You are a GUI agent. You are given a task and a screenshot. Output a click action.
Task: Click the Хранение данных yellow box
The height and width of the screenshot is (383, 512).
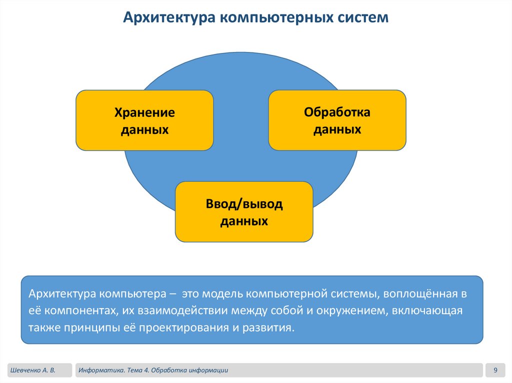pos(144,120)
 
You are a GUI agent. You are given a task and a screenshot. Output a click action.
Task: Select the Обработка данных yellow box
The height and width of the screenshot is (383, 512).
pos(337,120)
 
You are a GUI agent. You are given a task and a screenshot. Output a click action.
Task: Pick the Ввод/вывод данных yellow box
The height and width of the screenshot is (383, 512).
pos(244,212)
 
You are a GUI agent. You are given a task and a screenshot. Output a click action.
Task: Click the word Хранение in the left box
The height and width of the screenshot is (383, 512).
pos(144,112)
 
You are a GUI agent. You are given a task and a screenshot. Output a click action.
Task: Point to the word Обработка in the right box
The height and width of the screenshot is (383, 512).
pos(337,112)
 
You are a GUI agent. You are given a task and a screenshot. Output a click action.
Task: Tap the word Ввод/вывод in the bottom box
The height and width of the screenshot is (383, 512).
pos(244,204)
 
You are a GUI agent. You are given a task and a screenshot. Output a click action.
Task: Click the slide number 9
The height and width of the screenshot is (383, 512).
pos(495,370)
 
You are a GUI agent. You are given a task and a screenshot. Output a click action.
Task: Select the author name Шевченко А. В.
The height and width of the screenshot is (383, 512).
pos(32,370)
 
